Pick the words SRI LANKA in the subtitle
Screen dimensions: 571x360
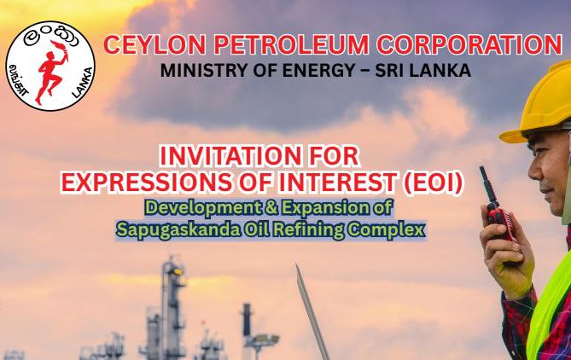point(422,70)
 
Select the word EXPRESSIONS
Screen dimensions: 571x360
point(146,182)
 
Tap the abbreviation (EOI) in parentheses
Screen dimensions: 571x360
point(432,182)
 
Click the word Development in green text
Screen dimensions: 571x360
point(203,208)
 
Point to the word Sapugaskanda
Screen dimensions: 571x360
point(178,229)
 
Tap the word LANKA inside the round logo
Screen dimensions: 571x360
point(83,83)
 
